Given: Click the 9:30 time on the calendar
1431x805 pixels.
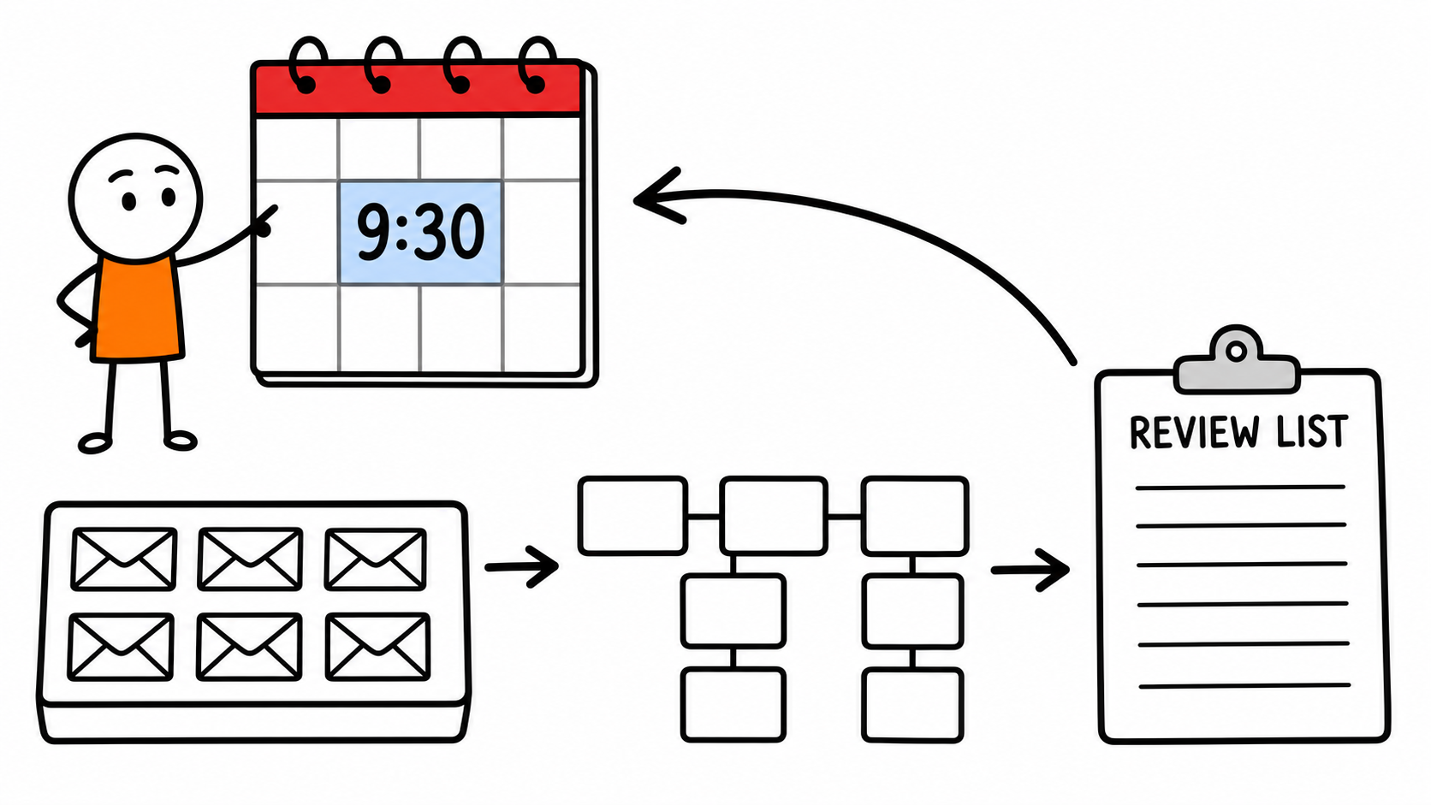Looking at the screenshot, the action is [419, 232].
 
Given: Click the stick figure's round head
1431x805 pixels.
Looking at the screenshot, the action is [135, 198].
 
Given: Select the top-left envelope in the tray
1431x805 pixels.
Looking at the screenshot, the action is [124, 559].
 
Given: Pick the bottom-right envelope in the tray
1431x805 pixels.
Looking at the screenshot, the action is [377, 647].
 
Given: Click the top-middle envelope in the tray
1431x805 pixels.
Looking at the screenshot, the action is [250, 559].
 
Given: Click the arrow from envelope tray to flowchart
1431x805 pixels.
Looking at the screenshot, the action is [522, 566].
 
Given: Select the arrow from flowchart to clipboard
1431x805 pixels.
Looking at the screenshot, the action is [1030, 570].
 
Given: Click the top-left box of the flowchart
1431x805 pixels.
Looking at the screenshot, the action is [632, 515].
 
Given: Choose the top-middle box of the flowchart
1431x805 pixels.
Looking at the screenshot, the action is [774, 515].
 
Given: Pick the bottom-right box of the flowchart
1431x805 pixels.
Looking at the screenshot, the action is [912, 705].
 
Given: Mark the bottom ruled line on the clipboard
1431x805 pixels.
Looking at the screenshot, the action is [1244, 685].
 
